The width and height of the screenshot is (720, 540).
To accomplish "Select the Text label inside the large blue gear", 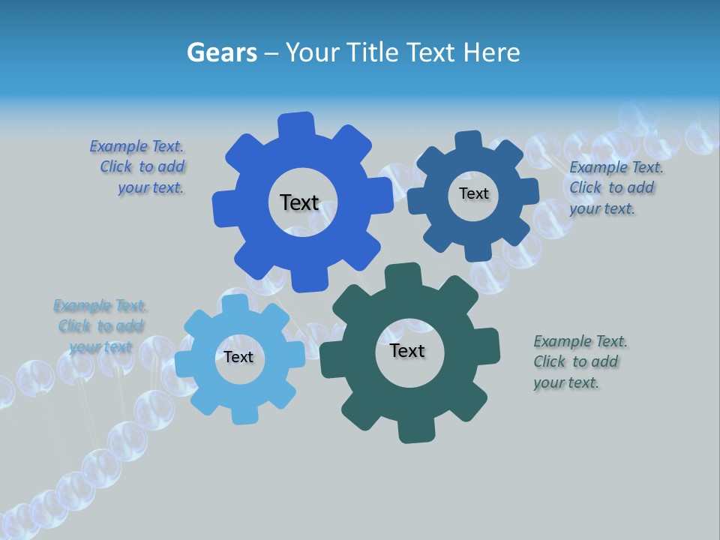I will coord(299,202).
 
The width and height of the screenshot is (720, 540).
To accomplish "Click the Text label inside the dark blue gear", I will coord(473,193).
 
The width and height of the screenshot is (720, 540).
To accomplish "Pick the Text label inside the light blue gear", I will coord(238,357).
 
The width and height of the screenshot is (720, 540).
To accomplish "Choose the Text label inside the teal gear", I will coord(407,350).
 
